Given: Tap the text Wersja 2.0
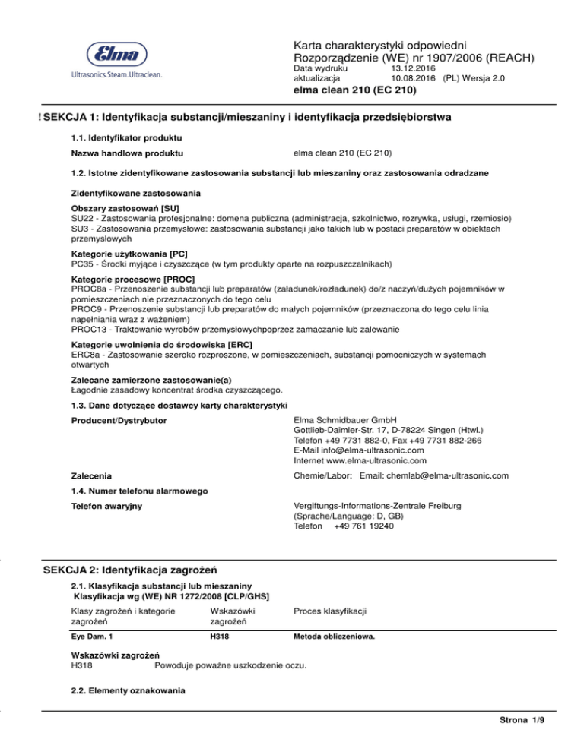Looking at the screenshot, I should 485,78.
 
